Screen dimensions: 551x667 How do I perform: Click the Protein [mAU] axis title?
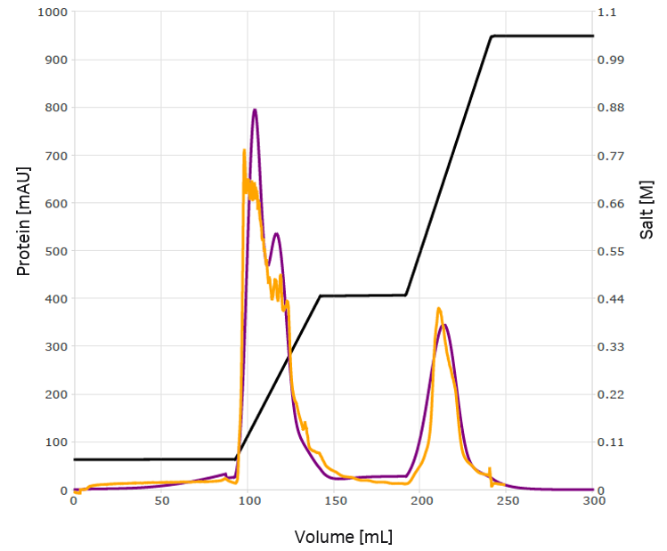24,220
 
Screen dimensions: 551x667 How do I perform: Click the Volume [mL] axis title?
343,537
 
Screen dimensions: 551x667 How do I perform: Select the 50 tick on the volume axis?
160,501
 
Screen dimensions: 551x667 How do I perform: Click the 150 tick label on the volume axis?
334,501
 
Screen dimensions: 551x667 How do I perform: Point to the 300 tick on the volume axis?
594,501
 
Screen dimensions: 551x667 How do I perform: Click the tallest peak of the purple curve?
255,110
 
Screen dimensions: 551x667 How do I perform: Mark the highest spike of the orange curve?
244,150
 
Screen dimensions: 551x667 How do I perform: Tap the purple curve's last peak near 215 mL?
444,325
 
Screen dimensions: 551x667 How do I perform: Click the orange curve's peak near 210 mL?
438,309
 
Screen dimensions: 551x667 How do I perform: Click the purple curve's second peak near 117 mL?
277,233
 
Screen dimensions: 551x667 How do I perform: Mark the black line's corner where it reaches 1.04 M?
492,36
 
